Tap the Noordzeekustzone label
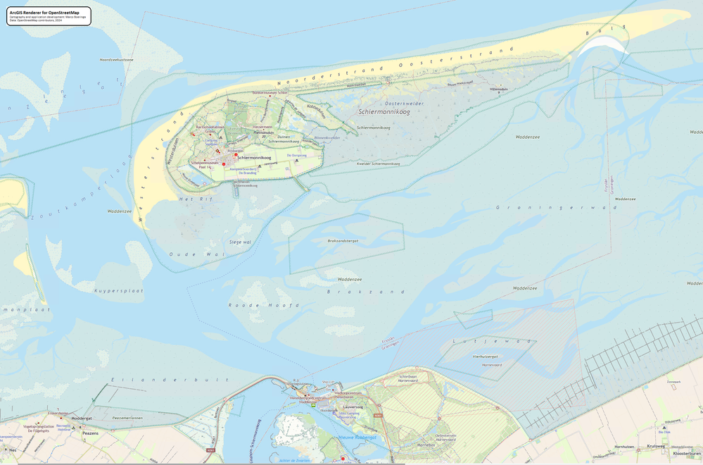point(117,60)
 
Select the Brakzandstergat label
point(343,240)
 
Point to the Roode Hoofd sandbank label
point(264,305)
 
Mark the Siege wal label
point(241,242)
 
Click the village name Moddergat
point(82,418)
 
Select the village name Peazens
point(90,433)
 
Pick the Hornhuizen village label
point(624,447)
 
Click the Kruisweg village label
point(656,447)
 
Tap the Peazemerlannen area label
point(127,418)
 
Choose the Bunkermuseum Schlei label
point(270,92)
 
